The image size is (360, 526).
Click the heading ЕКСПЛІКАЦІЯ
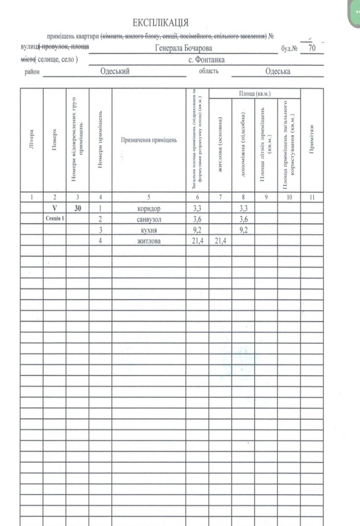click(161, 23)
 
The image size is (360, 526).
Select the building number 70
click(312, 48)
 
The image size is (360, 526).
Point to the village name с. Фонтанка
click(206, 60)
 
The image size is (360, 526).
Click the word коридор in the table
click(148, 209)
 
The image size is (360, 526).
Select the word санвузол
click(148, 219)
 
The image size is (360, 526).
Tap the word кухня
click(148, 230)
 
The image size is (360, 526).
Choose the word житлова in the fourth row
click(148, 240)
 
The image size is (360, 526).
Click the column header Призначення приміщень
click(148, 140)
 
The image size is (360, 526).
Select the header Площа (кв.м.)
click(255, 94)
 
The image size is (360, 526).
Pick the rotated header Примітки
click(312, 140)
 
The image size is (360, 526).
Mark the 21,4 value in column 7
click(220, 240)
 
